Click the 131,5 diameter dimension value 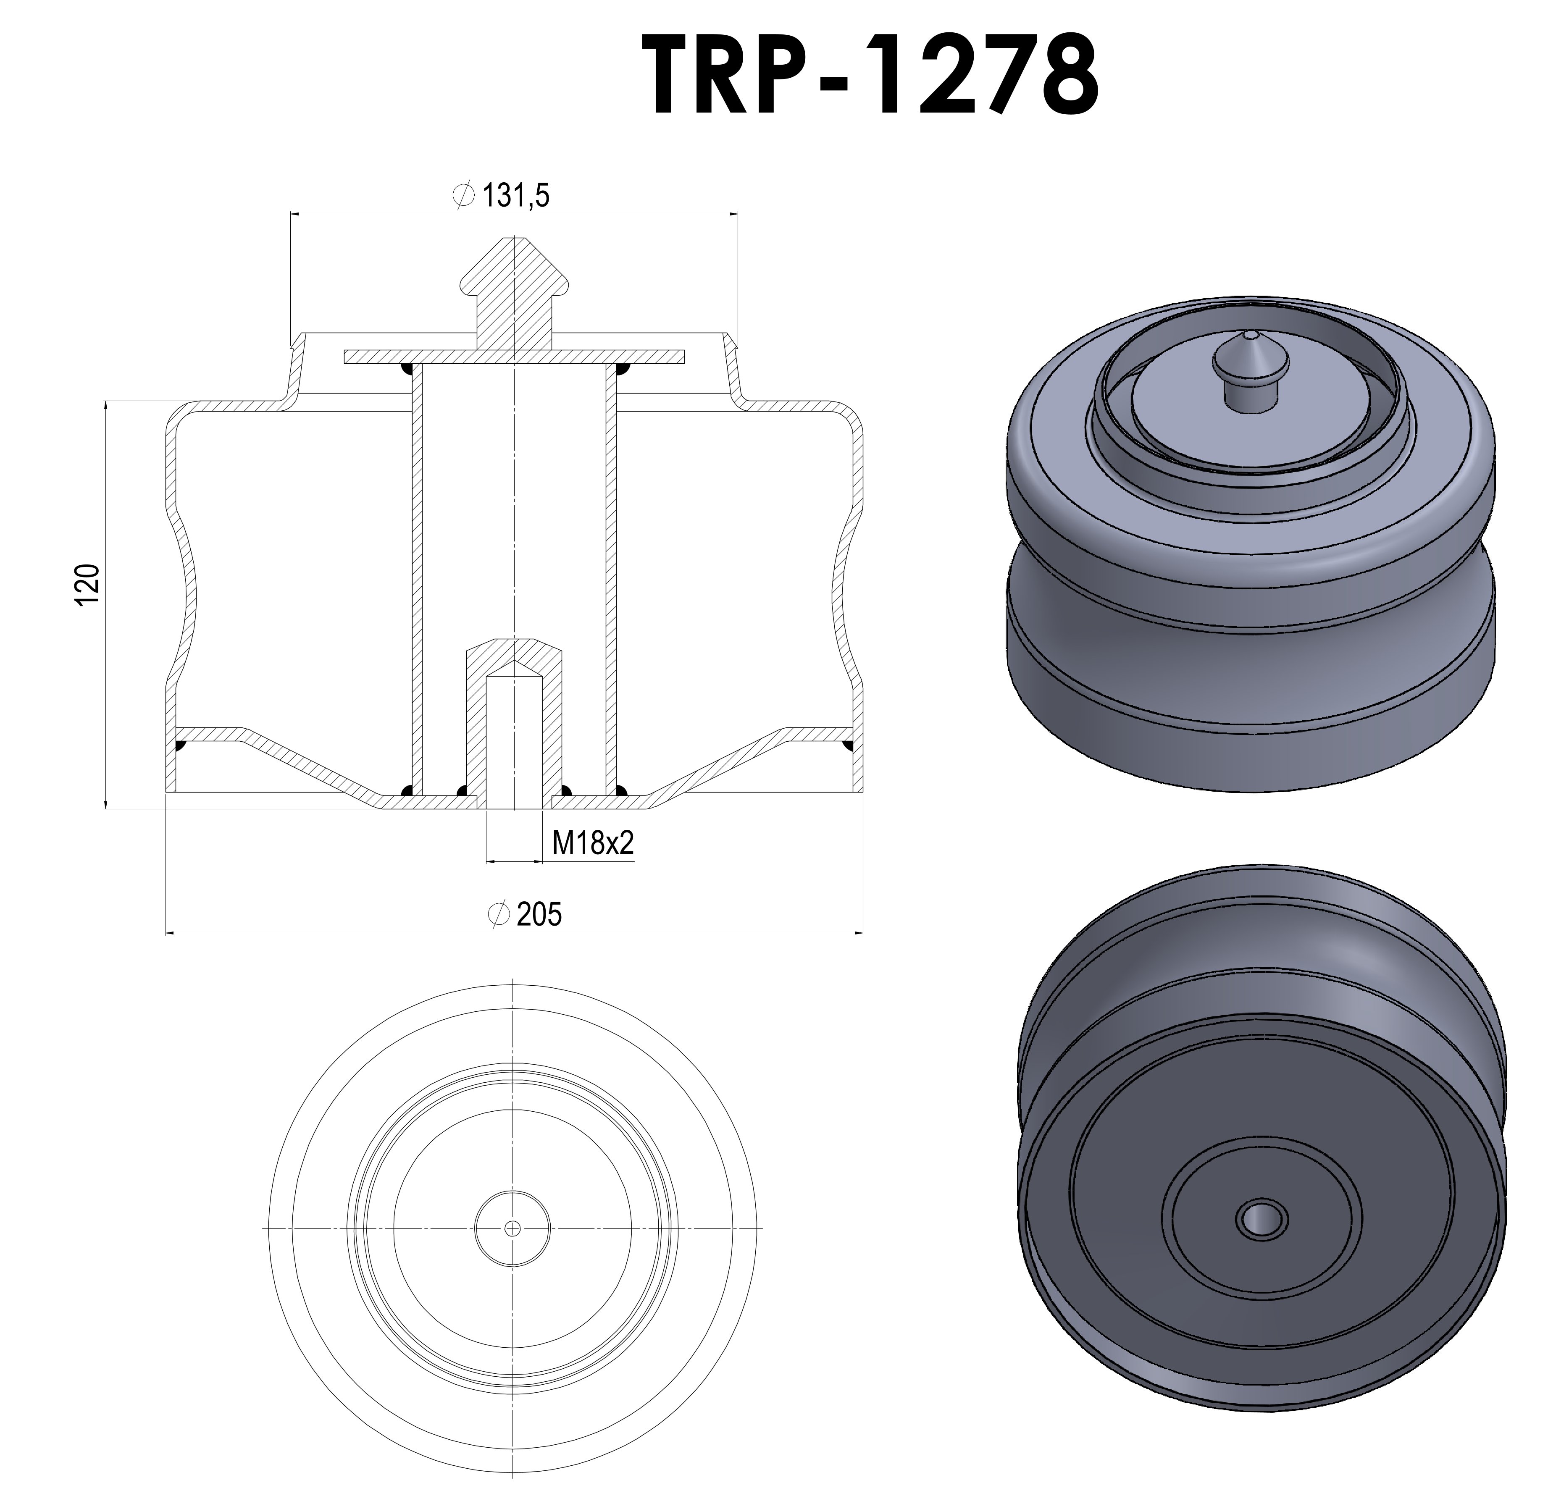tap(515, 195)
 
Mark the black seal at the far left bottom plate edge tap(180, 745)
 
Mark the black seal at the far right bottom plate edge tap(849, 745)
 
